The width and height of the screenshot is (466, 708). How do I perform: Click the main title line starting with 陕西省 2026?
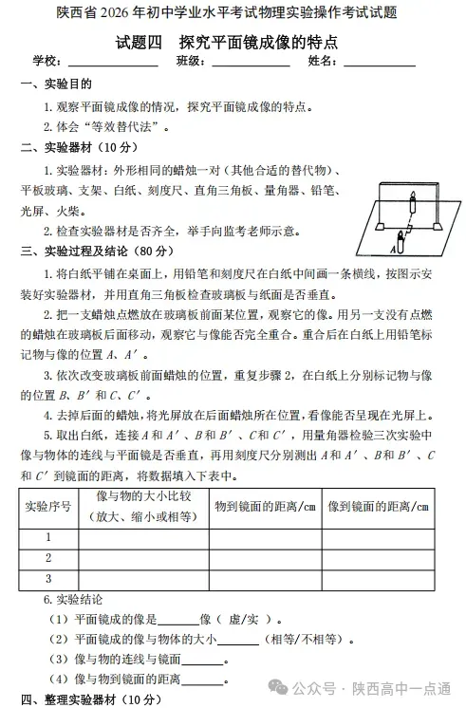point(232,13)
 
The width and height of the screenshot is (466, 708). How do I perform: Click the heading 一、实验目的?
point(54,85)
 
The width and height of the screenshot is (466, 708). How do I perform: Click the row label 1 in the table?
point(47,537)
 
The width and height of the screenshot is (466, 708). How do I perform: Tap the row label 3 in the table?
point(47,578)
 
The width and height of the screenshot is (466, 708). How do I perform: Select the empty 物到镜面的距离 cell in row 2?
point(264,558)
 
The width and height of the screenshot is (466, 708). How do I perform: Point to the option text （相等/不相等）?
point(304,640)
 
